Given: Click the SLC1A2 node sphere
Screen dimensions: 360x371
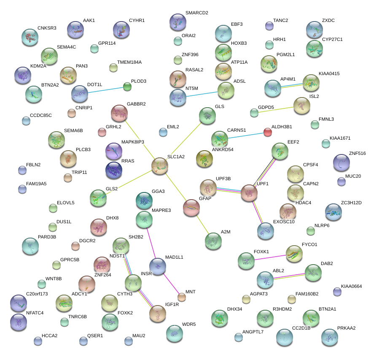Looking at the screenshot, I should pyautogui.click(x=160, y=166).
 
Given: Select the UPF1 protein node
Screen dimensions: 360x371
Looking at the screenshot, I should pyautogui.click(x=249, y=193).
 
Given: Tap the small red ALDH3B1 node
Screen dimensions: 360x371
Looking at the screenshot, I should pyautogui.click(x=267, y=132).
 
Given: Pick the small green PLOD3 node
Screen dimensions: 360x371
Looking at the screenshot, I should pyautogui.click(x=127, y=87).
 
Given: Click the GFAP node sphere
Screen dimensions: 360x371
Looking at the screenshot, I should pyautogui.click(x=191, y=208).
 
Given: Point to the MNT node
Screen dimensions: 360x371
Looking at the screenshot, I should pyautogui.click(x=181, y=297).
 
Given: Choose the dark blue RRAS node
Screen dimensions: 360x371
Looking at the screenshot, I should pyautogui.click(x=114, y=170).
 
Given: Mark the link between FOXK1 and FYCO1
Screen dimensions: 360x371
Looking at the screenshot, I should pyautogui.click(x=270, y=257).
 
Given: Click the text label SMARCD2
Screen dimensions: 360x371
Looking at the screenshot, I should pyautogui.click(x=196, y=13).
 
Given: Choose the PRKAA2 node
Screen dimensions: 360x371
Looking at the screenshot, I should pyautogui.click(x=329, y=337).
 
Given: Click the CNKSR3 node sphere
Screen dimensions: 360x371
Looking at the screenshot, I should pyautogui.click(x=30, y=37).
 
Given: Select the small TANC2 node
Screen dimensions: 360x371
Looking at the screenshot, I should pyautogui.click(x=269, y=26).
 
